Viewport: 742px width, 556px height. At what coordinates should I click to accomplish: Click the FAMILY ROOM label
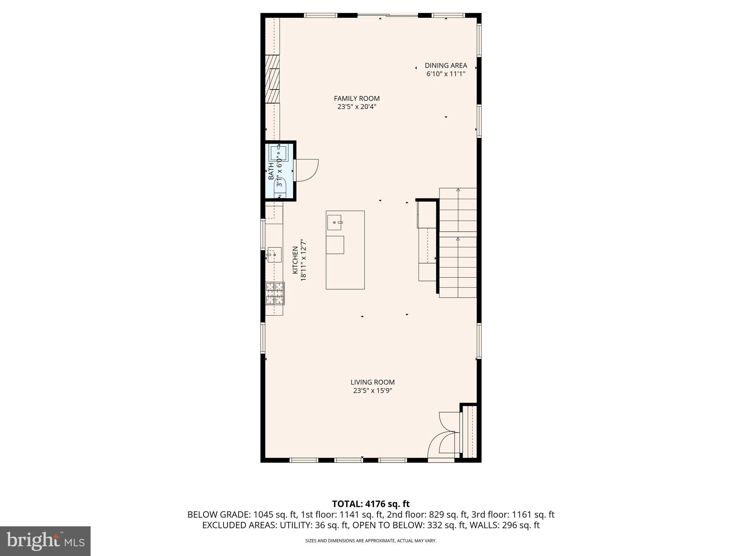point(357,98)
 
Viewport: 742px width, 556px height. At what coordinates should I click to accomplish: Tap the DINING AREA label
point(446,66)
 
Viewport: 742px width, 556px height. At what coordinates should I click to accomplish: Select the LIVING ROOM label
point(372,382)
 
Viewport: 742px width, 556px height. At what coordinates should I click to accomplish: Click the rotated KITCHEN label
point(295,260)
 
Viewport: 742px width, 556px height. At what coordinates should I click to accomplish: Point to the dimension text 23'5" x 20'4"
point(357,107)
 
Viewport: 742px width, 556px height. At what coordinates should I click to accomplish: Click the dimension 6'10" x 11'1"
point(446,74)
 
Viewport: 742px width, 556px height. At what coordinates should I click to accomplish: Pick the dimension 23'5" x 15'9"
point(372,391)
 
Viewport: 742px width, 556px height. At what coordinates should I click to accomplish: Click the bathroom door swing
point(307,170)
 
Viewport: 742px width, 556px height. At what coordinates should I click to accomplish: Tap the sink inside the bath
point(278,153)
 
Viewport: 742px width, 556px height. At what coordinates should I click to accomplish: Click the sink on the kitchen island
point(334,222)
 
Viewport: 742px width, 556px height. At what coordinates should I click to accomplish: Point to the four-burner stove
point(275,293)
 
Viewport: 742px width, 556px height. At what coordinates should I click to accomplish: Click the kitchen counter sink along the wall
point(275,254)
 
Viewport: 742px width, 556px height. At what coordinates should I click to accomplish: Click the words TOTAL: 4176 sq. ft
point(371,504)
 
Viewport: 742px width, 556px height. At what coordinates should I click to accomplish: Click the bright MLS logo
point(45,541)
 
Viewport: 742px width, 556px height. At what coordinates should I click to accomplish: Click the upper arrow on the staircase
point(458,190)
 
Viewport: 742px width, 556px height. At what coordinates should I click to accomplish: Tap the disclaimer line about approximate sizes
point(371,541)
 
